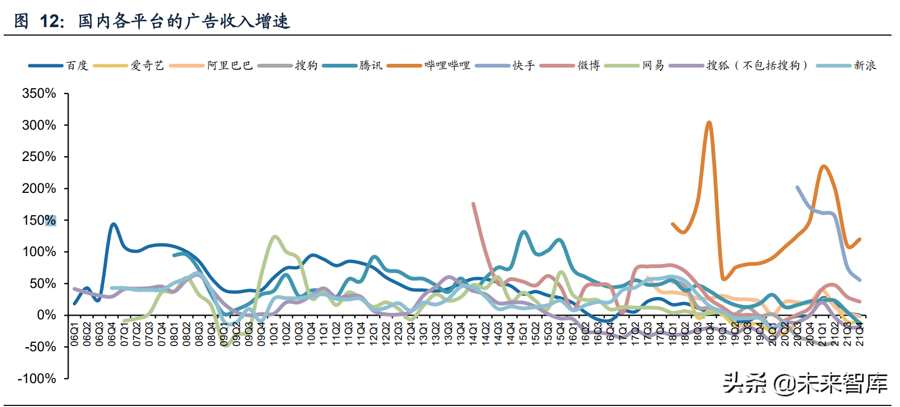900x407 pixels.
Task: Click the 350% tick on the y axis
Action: pyautogui.click(x=39, y=94)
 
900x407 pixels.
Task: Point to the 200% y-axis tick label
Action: pyautogui.click(x=39, y=189)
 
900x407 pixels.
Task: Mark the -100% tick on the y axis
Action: pyautogui.click(x=37, y=379)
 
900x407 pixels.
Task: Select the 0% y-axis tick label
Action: pyautogui.click(x=46, y=315)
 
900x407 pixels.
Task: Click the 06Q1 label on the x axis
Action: pyautogui.click(x=74, y=333)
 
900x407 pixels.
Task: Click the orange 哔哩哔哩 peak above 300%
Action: pyautogui.click(x=709, y=123)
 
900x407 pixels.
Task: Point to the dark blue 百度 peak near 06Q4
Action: pyautogui.click(x=113, y=224)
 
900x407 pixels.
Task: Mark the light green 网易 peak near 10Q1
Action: pyautogui.click(x=275, y=236)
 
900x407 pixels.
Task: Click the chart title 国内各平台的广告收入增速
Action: pyautogui.click(x=184, y=21)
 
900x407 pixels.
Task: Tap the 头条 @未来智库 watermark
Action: pyautogui.click(x=805, y=383)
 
